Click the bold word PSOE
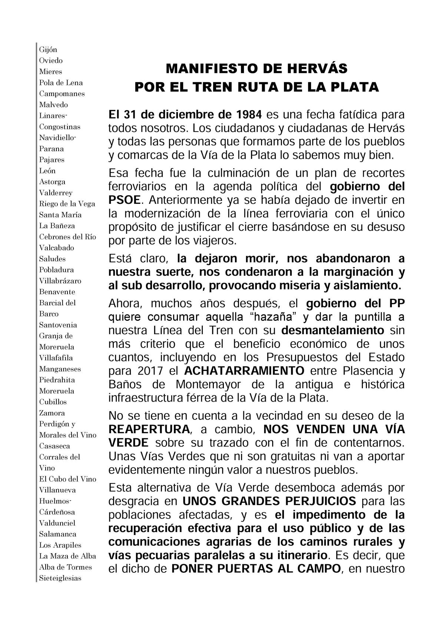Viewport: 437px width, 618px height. click(x=125, y=200)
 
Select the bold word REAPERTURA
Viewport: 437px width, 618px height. click(x=149, y=429)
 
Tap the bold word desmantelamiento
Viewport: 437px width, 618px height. click(x=332, y=330)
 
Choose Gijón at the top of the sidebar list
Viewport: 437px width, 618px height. click(x=48, y=50)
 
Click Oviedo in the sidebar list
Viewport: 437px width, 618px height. click(x=51, y=61)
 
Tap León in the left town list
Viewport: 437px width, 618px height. click(x=47, y=171)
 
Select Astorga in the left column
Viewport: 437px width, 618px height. click(x=52, y=182)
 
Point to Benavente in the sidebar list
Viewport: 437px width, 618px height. click(x=57, y=292)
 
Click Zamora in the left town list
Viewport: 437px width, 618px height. click(x=52, y=413)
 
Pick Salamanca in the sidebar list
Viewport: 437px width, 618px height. click(x=58, y=534)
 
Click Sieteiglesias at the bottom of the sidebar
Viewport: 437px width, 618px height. click(x=60, y=578)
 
